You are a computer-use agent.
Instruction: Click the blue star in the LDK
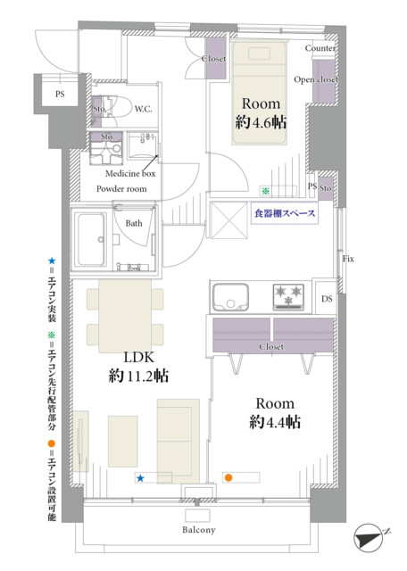[x=141, y=478]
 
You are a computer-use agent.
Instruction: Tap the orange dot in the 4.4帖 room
[x=228, y=477]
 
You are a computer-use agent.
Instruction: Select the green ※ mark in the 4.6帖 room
[x=265, y=190]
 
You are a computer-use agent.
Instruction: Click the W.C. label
[x=143, y=109]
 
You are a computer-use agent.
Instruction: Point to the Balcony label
[x=198, y=530]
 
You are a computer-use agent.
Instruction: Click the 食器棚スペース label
[x=285, y=213]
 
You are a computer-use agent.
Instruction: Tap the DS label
[x=327, y=299]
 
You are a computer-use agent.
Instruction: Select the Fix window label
[x=348, y=259]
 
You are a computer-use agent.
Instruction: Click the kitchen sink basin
[x=230, y=297]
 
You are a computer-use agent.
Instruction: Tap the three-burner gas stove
[x=288, y=296]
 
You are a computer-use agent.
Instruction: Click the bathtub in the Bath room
[x=91, y=239]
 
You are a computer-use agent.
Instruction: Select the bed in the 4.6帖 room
[x=259, y=94]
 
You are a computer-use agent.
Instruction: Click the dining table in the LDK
[x=125, y=315]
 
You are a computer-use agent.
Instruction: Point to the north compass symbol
[x=369, y=536]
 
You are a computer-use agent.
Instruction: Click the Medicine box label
[x=130, y=174]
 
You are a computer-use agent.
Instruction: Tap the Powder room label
[x=121, y=188]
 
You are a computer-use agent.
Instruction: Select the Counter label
[x=320, y=48]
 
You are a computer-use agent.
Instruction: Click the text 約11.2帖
[x=139, y=375]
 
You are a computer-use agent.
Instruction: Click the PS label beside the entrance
[x=60, y=94]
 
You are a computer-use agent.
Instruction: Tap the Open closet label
[x=316, y=79]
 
